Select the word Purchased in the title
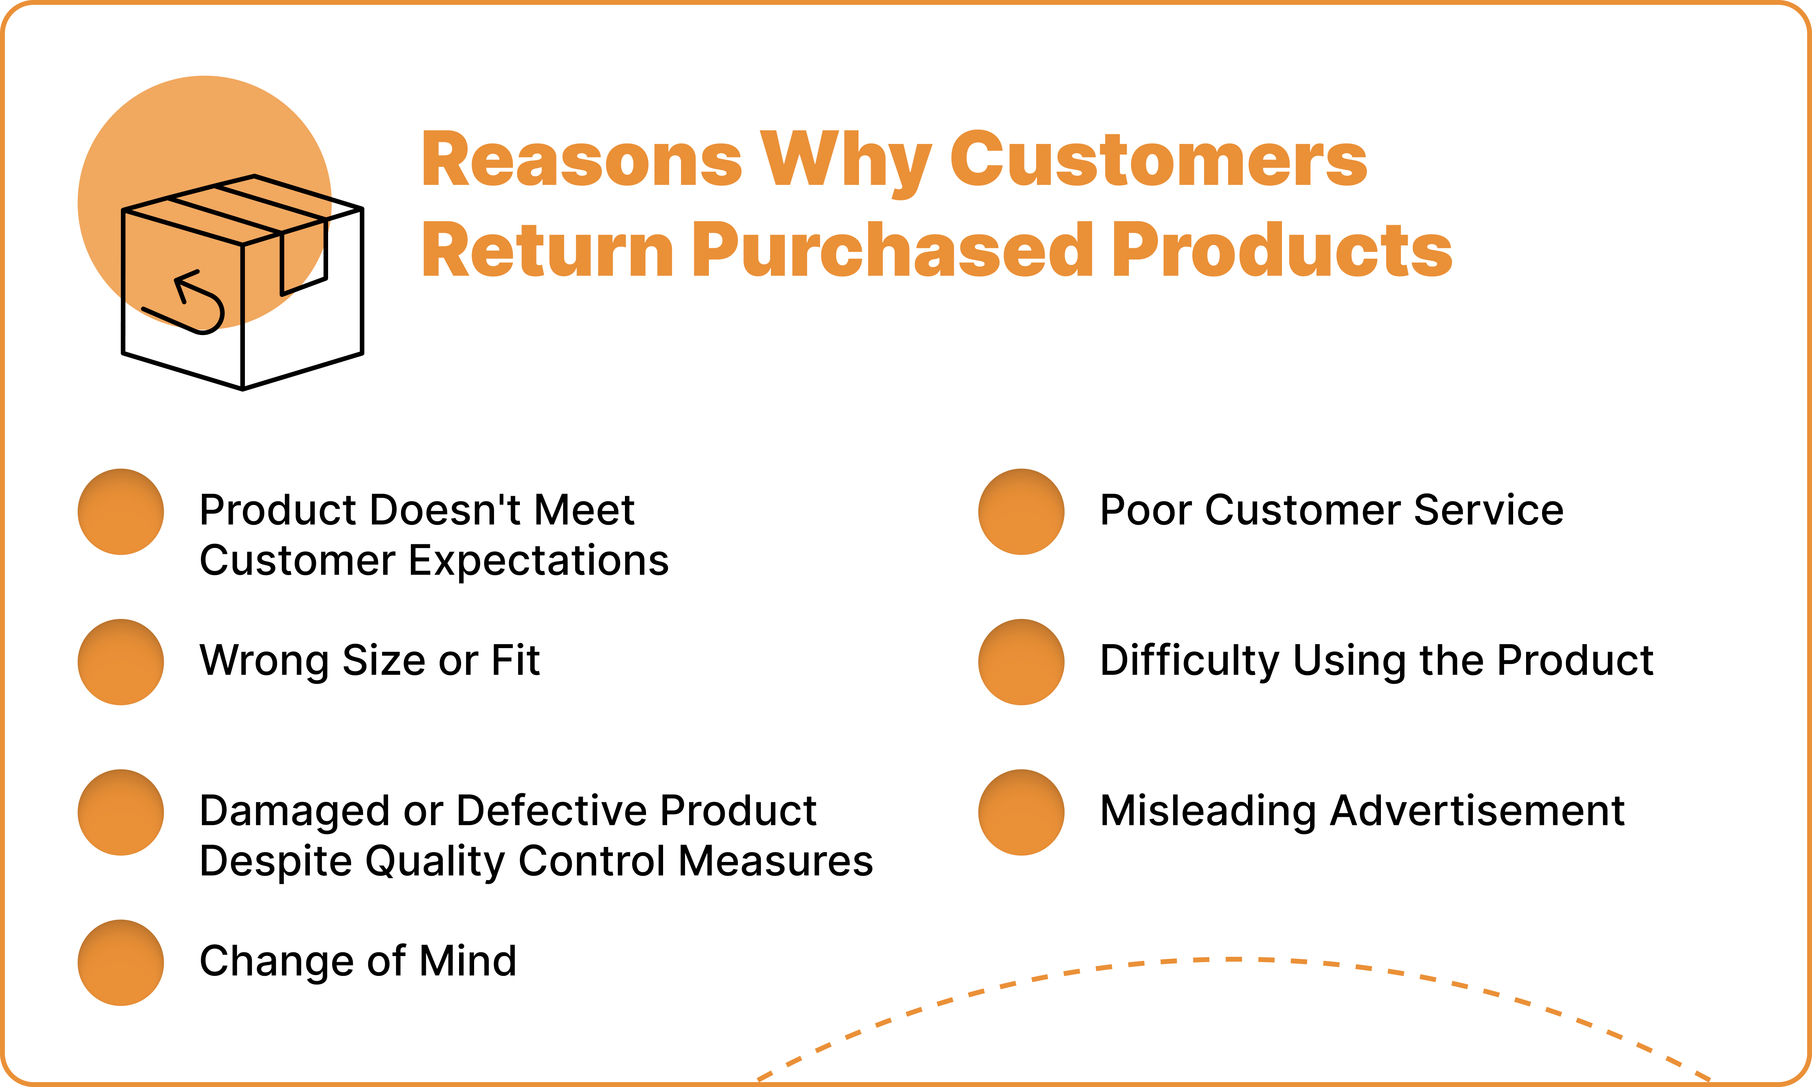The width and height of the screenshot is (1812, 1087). tap(892, 251)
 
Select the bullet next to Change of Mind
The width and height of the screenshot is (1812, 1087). tap(121, 962)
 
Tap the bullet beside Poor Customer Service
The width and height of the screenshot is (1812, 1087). tap(1021, 511)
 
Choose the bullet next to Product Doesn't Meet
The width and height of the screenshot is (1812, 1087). tap(121, 511)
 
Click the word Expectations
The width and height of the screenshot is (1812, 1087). tap(538, 561)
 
